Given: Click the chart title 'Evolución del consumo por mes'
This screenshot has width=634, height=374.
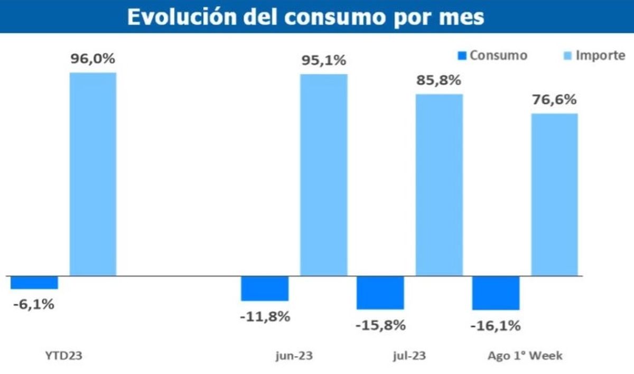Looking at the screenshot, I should point(305,17).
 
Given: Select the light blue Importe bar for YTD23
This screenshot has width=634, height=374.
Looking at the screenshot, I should point(93,174).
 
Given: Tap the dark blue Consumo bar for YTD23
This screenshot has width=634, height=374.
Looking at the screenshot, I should point(34,282).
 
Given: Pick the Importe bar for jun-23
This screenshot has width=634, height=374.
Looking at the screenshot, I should point(324,175).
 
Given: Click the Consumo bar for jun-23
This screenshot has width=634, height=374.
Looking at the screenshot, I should point(265,288).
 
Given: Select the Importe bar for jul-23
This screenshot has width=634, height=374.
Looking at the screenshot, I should point(439,185).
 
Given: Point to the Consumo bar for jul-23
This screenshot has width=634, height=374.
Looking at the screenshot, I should point(380,292).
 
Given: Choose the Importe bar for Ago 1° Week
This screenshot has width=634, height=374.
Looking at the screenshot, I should point(554,194).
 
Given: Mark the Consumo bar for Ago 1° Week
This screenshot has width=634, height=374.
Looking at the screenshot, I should point(496,293).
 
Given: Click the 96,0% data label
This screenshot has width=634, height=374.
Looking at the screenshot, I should point(93,59).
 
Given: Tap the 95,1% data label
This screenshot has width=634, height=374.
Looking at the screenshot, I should point(324,61).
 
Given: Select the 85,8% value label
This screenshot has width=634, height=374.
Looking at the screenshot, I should point(439,81).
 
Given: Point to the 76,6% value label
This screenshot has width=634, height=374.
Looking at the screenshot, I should point(554,100).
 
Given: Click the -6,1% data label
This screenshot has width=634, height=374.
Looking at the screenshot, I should point(34,305).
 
